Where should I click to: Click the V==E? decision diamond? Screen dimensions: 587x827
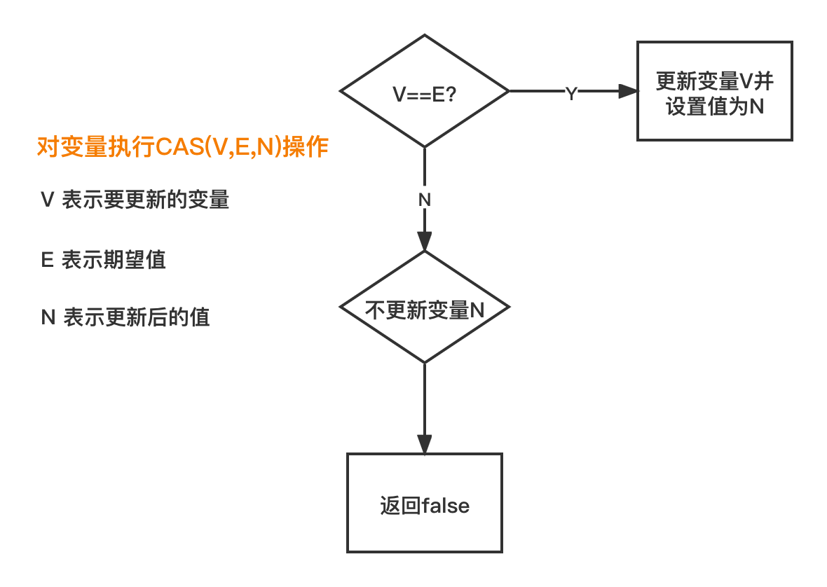424,91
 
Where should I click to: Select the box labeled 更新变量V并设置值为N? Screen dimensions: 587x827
714,91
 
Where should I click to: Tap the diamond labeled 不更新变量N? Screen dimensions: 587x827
424,308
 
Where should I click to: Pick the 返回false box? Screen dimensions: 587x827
425,503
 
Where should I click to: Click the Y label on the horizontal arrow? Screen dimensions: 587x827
571,92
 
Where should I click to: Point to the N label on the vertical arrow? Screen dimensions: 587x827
424,199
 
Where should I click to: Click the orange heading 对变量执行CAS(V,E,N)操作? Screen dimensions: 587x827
182,148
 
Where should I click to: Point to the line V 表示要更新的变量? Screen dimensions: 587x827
135,200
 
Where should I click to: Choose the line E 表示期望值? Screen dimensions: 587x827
104,260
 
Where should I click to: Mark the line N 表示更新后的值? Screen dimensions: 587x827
125,317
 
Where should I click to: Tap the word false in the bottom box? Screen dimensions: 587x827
445,506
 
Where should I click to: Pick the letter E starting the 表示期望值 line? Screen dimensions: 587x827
48,260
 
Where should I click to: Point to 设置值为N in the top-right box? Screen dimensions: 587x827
714,107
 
